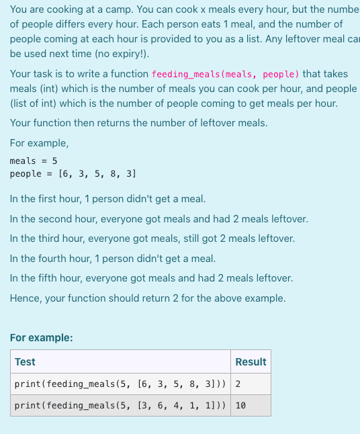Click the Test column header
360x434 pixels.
[25, 361]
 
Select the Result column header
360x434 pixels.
[251, 361]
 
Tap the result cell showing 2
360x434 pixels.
[238, 384]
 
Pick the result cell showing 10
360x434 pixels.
[241, 406]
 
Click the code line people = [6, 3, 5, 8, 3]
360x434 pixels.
[73, 173]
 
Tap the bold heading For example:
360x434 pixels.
[42, 337]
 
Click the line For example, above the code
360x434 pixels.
[39, 143]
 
